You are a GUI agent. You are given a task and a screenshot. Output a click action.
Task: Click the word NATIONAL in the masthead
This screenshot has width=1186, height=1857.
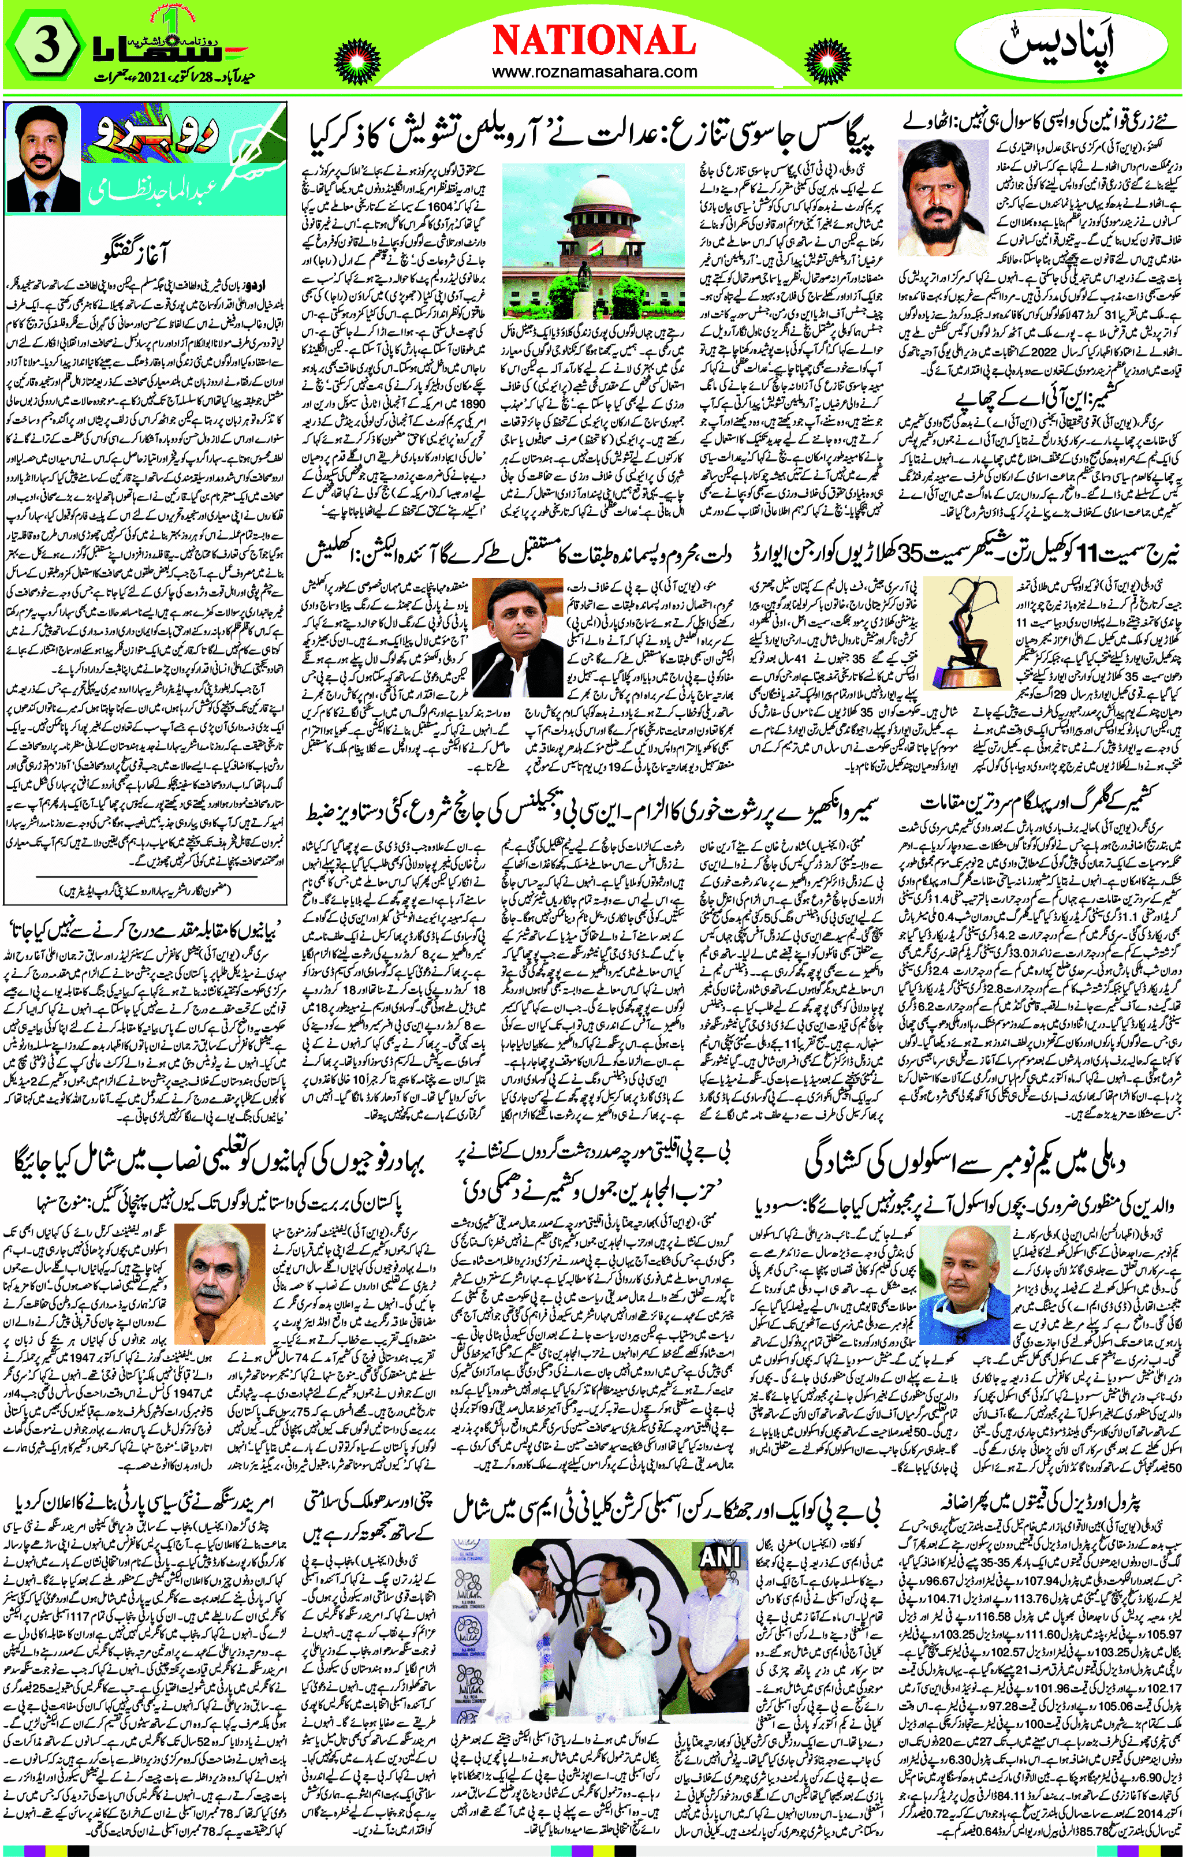[x=593, y=40]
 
